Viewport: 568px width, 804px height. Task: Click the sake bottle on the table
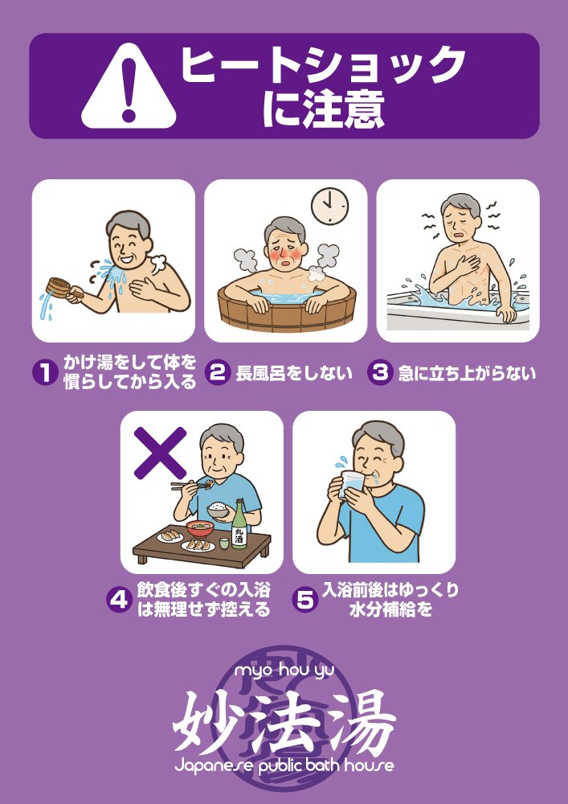(239, 526)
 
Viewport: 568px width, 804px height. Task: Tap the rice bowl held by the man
(218, 510)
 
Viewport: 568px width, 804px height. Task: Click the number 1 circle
(44, 372)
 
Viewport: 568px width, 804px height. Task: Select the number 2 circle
(217, 372)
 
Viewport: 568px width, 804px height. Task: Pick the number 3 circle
(380, 372)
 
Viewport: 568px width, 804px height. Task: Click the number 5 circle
(304, 600)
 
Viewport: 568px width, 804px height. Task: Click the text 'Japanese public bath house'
(284, 765)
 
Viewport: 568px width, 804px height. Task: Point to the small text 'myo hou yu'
(284, 670)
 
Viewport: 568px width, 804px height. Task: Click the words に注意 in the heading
(322, 110)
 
